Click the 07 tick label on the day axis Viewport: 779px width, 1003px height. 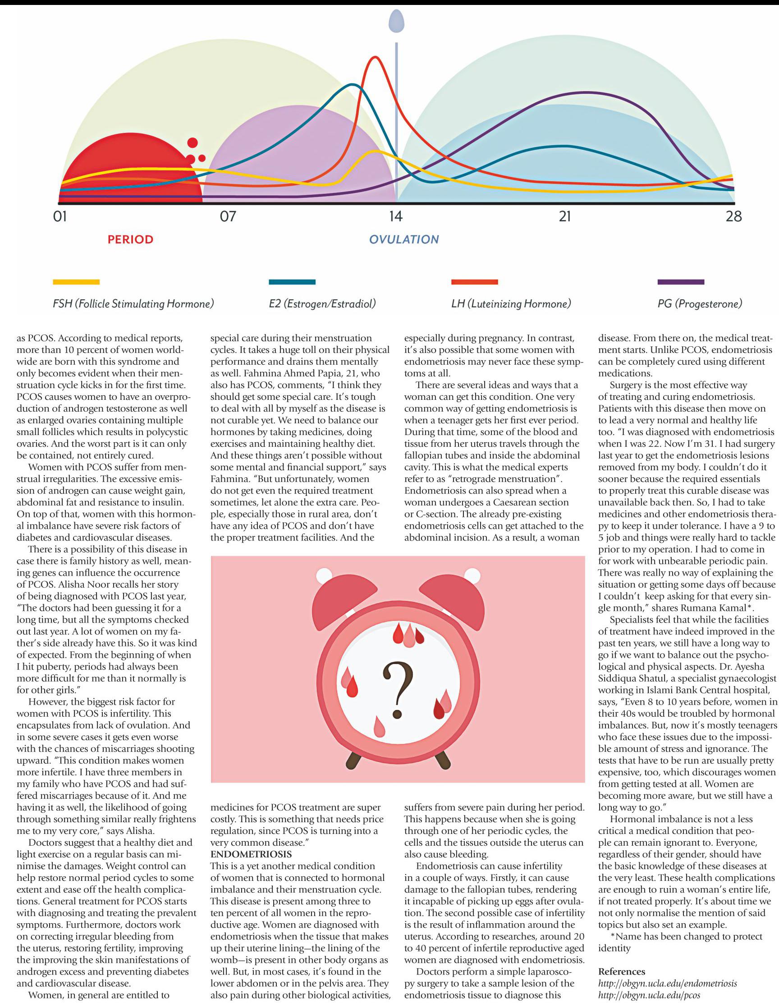[227, 216]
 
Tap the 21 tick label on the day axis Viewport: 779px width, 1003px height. [564, 216]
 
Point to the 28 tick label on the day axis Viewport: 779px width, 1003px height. [733, 216]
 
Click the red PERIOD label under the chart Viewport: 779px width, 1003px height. [130, 239]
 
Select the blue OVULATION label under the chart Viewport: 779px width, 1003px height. [404, 239]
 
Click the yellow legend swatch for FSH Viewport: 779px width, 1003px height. [76, 282]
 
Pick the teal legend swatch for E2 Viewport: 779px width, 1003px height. [292, 282]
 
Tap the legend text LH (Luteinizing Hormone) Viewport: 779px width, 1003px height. [511, 303]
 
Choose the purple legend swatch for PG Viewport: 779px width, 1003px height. [681, 282]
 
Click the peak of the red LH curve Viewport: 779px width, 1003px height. [376, 57]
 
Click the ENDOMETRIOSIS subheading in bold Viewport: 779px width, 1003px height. [251, 854]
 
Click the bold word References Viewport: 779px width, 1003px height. [622, 971]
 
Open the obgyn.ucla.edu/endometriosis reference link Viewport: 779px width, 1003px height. [667, 983]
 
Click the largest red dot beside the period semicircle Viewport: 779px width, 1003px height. [193, 143]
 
